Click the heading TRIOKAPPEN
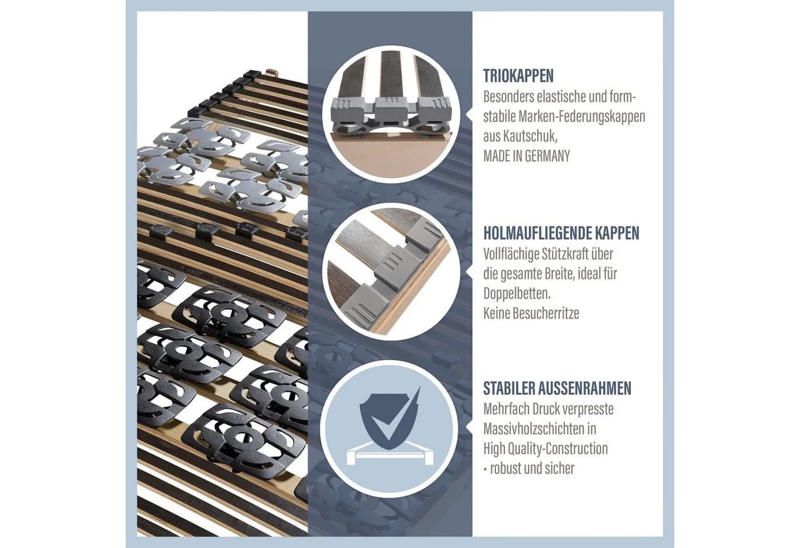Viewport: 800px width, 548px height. tap(518, 76)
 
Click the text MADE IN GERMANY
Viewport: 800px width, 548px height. tap(527, 156)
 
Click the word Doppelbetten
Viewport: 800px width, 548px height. tap(517, 293)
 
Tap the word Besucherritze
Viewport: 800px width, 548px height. tap(546, 313)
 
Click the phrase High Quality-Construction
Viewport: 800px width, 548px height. tap(545, 449)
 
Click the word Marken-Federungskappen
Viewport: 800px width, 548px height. tap(582, 116)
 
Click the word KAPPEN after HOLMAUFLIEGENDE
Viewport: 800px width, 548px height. tap(617, 233)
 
